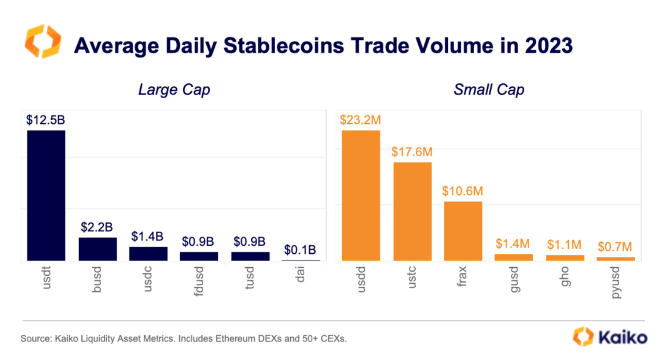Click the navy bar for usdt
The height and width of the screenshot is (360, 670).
point(46,195)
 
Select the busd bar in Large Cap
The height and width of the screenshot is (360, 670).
point(97,249)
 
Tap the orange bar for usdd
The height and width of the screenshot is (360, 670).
point(361,195)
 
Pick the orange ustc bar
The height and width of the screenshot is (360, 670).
point(412,211)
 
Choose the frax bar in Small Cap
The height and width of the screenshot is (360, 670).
point(463,231)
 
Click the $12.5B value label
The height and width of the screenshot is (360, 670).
point(46,120)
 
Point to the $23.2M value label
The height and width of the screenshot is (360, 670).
point(360,120)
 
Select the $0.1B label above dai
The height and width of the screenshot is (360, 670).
point(300,250)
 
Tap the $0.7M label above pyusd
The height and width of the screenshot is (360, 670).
point(614,246)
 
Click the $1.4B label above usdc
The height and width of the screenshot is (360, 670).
point(147,236)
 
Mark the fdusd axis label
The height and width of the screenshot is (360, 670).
point(198,281)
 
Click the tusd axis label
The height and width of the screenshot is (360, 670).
point(250,278)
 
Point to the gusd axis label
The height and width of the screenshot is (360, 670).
point(514,279)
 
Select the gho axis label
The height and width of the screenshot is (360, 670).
point(564,276)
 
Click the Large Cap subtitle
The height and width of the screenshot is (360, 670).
point(174,90)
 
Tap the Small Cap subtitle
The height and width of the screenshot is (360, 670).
point(489,90)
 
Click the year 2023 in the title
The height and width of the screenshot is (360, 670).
point(549,46)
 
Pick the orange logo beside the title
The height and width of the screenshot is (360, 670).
point(43,42)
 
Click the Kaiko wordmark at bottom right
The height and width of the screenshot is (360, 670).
point(623,338)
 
